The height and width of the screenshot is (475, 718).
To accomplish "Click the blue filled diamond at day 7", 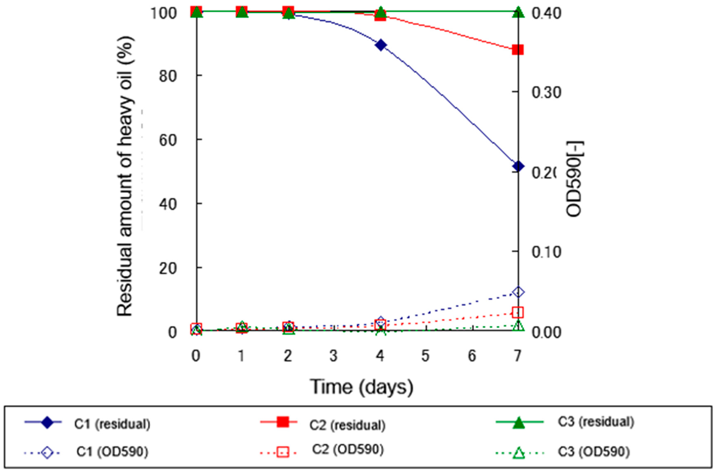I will click(518, 166).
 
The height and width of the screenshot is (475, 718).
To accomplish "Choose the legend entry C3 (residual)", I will click(596, 422).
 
